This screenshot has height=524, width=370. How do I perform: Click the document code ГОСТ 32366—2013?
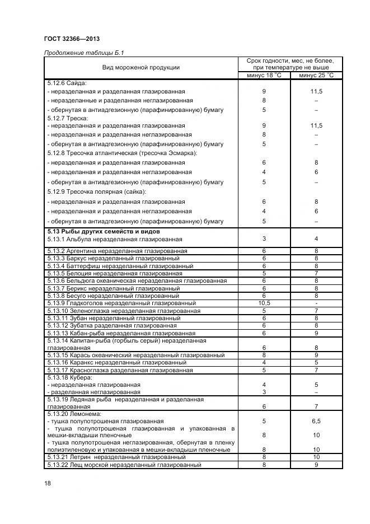(72, 39)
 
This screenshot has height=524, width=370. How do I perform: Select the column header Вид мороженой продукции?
(140, 68)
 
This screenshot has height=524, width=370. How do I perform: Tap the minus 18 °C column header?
(264, 75)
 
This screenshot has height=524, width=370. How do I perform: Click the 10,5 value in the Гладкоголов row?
(264, 303)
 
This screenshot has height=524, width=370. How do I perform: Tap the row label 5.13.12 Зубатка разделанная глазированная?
(112, 325)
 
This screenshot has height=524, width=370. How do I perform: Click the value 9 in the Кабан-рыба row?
(316, 333)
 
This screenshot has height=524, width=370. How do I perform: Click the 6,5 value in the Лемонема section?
(316, 420)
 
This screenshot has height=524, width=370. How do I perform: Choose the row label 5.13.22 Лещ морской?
(124, 465)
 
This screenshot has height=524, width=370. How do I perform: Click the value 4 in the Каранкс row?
(264, 362)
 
